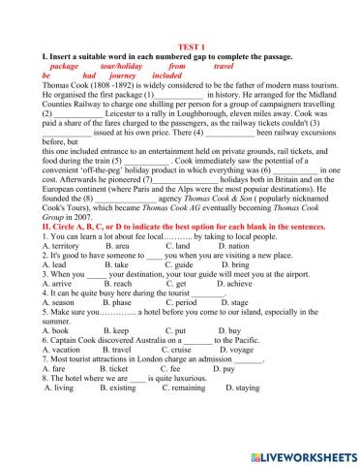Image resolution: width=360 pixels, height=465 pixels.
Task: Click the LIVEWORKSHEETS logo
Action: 303,454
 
